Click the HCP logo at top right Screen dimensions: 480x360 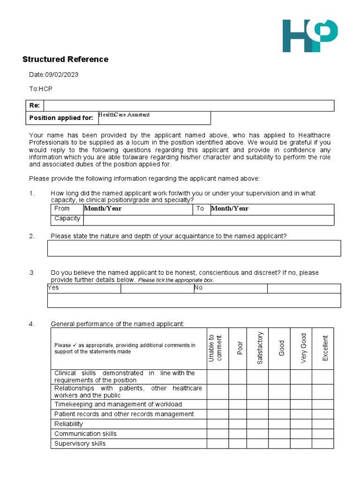[309, 36]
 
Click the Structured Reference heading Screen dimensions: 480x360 [65, 60]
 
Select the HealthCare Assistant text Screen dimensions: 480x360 [124, 115]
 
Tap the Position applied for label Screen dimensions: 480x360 [61, 118]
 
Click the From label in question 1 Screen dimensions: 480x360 [62, 209]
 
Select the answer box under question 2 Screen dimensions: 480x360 [194, 248]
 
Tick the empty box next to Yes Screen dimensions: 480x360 [157, 288]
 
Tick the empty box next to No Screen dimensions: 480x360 [304, 288]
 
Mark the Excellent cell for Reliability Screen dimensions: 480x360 [323, 424]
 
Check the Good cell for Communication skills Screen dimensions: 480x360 [279, 434]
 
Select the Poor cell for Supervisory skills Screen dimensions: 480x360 [238, 444]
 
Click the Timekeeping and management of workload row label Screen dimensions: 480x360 [118, 405]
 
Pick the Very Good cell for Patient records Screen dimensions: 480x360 [301, 414]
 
